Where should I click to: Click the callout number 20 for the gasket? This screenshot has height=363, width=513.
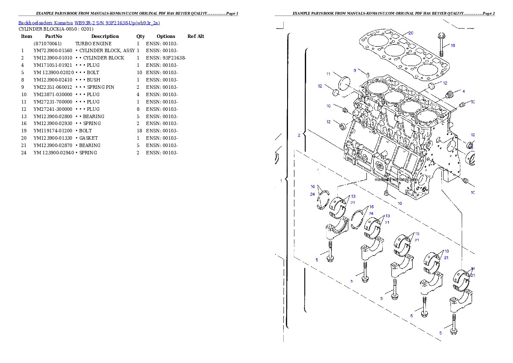coord(411,33)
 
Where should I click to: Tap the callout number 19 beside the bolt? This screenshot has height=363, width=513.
coord(453,45)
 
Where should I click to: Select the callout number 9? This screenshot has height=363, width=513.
coord(355,70)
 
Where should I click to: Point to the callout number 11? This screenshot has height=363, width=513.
coord(328,74)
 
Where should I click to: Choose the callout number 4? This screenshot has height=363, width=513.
coord(463,91)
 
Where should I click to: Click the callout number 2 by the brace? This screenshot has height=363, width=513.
coord(298,135)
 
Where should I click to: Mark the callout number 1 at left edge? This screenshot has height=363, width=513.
coord(281,181)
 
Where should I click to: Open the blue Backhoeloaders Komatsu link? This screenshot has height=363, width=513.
coord(89,23)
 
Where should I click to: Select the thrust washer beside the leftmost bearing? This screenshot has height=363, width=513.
coord(323,201)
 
